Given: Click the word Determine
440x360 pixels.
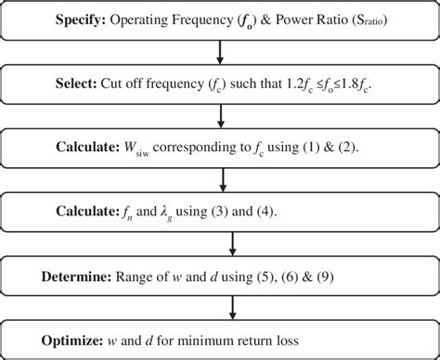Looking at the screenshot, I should [x=76, y=276].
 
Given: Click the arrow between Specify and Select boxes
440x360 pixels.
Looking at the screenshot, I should [x=220, y=53].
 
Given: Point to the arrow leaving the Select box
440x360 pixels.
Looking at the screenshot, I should [x=220, y=116].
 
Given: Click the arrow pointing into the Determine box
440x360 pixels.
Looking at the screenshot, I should [x=220, y=244].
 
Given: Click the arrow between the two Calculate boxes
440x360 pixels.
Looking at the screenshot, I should [x=220, y=180].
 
